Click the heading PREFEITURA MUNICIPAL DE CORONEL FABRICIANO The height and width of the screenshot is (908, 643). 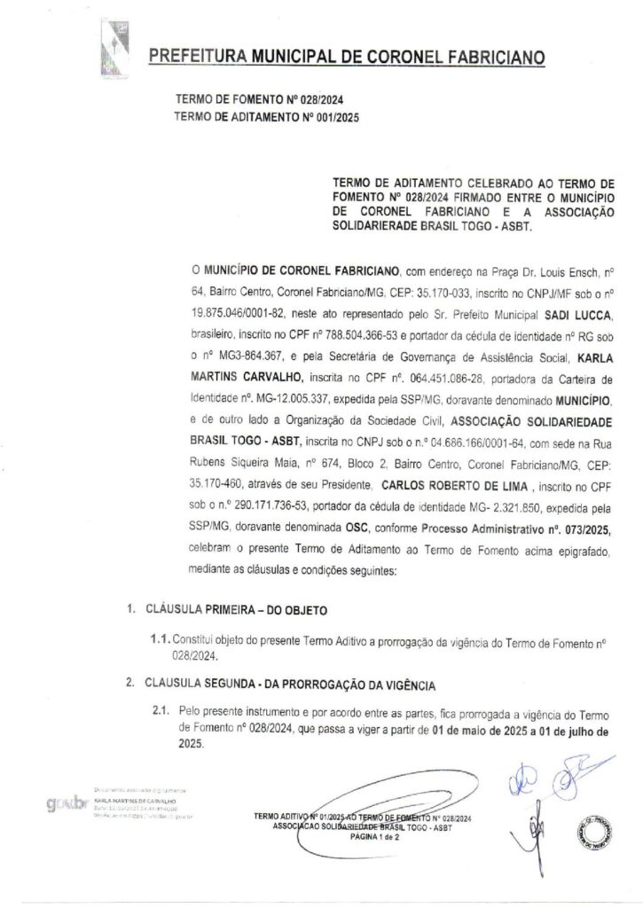pyautogui.click(x=347, y=58)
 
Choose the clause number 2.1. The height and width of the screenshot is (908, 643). pyautogui.click(x=161, y=712)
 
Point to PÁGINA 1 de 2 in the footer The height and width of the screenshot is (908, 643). pyautogui.click(x=376, y=835)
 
